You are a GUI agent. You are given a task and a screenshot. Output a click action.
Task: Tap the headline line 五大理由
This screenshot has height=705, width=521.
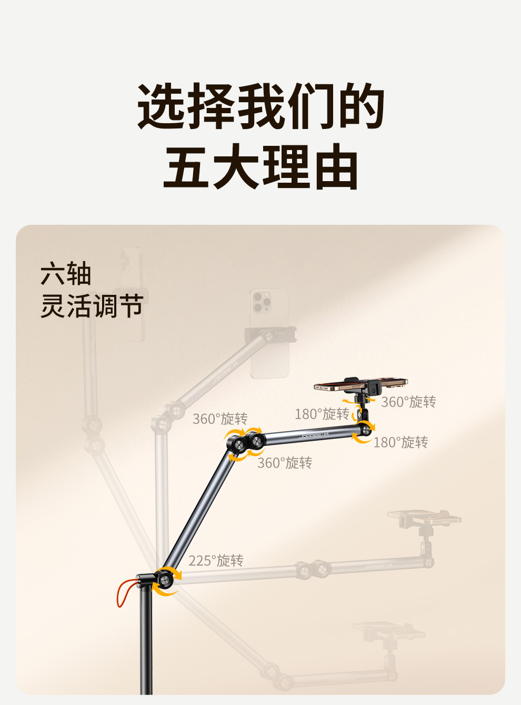[260, 167]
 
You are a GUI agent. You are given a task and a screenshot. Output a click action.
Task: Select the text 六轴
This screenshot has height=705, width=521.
[66, 274]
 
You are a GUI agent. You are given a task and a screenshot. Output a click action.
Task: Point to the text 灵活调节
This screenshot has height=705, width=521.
[92, 306]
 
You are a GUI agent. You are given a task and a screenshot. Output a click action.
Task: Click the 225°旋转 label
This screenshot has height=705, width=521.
[216, 561]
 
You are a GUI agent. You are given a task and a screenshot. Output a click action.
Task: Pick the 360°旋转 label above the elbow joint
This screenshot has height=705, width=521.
[219, 419]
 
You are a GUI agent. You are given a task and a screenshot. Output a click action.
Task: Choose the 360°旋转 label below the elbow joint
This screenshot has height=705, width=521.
[284, 463]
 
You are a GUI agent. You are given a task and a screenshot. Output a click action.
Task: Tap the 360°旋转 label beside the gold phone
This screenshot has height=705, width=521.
[408, 402]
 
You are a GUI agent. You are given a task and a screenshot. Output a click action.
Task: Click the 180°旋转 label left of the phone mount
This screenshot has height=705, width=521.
[322, 414]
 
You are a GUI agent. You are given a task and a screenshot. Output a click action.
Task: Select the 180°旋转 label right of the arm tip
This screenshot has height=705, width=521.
[400, 442]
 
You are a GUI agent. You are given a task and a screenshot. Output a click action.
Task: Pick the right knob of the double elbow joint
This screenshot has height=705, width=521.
[257, 440]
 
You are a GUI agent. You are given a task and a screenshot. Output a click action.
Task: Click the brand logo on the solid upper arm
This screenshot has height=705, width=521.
[314, 435]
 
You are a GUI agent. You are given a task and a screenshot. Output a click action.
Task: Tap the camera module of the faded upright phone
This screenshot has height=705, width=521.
[262, 302]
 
